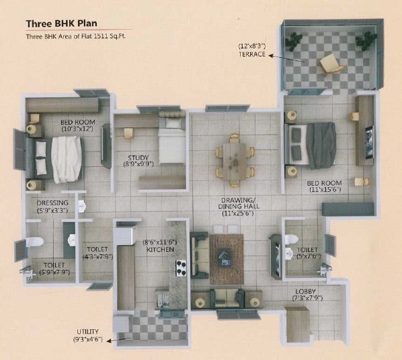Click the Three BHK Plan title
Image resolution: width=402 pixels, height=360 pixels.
pyautogui.click(x=62, y=24)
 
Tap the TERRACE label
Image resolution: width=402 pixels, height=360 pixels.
pyautogui.click(x=252, y=54)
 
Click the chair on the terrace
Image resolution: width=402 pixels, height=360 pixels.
pyautogui.click(x=331, y=64)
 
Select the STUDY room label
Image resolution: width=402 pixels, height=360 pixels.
pyautogui.click(x=138, y=157)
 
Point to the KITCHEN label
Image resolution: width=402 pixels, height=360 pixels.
pyautogui.click(x=160, y=250)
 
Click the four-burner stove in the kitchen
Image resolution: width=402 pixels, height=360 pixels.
pyautogui.click(x=181, y=268)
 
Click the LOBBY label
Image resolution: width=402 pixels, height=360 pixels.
pyautogui.click(x=305, y=292)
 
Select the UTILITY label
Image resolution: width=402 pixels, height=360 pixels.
pyautogui.click(x=87, y=332)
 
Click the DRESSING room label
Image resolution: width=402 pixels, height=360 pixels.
pyautogui.click(x=52, y=203)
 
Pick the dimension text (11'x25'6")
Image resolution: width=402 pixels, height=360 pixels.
pyautogui.click(x=238, y=213)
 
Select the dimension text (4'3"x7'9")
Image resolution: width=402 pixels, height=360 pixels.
pyautogui.click(x=97, y=256)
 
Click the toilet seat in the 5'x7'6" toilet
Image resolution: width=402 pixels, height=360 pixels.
pyautogui.click(x=292, y=240)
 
